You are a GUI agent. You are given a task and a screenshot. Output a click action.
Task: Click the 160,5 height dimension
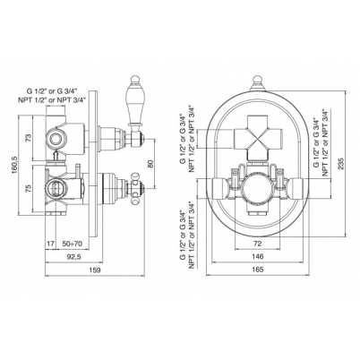(13, 165)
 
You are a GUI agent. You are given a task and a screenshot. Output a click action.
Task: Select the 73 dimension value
(28, 138)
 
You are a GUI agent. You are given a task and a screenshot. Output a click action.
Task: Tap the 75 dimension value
(28, 188)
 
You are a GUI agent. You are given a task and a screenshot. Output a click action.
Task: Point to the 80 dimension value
(150, 163)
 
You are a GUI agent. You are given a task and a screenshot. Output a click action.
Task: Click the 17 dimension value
(51, 244)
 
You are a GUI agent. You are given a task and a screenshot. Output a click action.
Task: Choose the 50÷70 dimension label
(73, 244)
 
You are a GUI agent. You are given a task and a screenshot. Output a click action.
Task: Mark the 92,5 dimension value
(73, 257)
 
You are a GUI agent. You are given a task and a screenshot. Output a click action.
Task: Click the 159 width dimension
(95, 270)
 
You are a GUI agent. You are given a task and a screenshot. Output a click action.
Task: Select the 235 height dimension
(341, 164)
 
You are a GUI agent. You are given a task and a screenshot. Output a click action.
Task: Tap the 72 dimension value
(258, 244)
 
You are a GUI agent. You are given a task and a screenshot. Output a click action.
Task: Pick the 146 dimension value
(258, 256)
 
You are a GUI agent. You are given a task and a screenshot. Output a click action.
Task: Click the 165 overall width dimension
(258, 270)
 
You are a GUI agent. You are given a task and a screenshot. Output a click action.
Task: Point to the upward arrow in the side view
(56, 156)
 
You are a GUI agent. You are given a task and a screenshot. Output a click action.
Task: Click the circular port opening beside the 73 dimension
(56, 138)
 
